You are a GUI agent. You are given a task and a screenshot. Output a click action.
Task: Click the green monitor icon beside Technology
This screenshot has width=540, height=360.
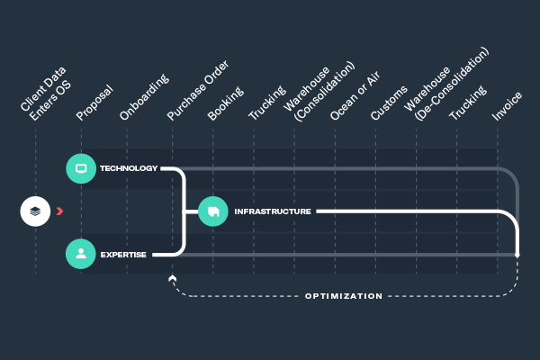tap(81, 168)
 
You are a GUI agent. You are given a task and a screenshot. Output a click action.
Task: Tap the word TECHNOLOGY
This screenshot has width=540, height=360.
tap(129, 168)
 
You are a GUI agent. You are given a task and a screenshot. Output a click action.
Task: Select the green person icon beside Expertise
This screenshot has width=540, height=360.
tap(81, 254)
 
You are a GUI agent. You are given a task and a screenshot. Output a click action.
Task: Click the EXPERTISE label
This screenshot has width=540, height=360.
tap(123, 255)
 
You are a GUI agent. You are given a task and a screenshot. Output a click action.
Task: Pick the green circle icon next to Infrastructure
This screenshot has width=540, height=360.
tap(213, 211)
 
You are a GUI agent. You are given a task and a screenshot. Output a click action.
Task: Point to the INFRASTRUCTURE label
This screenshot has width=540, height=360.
tap(273, 211)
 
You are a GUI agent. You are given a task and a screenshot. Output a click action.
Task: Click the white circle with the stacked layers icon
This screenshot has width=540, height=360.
tap(35, 211)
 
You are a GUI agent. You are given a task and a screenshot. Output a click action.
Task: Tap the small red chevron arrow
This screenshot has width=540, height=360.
tap(59, 211)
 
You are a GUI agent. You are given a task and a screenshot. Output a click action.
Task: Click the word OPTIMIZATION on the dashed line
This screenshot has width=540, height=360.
tap(344, 296)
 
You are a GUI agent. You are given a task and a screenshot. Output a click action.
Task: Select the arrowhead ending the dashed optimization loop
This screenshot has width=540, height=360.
tap(173, 278)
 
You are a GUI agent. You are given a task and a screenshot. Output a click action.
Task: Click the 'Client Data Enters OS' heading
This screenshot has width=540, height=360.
tap(46, 94)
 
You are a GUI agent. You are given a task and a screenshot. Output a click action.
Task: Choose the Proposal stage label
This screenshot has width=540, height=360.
tap(94, 103)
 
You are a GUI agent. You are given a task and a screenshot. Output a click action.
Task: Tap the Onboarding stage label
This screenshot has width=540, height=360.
tap(144, 97)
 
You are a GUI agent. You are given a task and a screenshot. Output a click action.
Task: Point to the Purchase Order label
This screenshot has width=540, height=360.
tap(198, 90)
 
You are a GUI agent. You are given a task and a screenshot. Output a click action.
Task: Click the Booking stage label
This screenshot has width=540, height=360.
tap(226, 103)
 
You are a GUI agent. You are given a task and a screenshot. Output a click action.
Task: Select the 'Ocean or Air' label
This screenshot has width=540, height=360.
tap(355, 95)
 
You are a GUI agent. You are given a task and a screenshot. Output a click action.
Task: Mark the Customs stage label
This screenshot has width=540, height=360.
tap(389, 103)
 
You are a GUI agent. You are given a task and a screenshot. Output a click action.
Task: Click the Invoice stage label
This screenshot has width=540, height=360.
tap(507, 106)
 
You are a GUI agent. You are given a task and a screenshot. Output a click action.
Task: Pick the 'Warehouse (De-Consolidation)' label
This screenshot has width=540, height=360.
tap(446, 84)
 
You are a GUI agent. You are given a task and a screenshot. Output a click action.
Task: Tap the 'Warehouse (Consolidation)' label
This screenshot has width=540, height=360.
tap(319, 91)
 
